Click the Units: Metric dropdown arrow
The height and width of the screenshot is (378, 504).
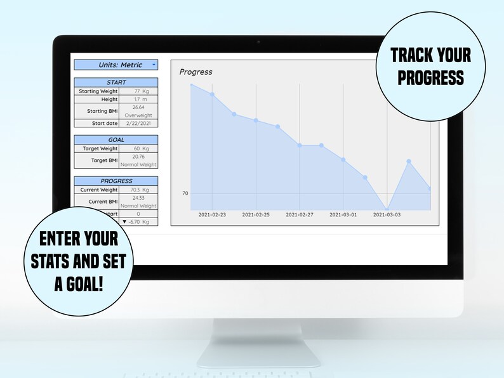tap(154, 65)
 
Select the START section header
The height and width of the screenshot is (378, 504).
tap(116, 82)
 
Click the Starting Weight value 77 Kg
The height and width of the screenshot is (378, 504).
tap(138, 91)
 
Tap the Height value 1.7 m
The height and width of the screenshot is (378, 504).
tap(138, 100)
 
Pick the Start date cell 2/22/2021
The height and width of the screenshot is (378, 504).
tap(138, 123)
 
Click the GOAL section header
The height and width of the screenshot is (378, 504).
tap(116, 140)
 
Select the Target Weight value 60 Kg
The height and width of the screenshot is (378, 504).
tap(138, 148)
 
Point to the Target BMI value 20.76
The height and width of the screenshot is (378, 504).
tap(138, 157)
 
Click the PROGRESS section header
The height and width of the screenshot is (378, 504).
tap(116, 181)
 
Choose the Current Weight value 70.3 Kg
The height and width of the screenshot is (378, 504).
tap(138, 190)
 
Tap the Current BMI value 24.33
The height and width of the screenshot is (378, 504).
tap(138, 198)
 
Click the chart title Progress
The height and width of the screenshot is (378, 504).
tap(196, 72)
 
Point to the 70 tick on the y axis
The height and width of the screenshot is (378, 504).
tap(185, 193)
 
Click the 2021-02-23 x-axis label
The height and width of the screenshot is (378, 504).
tap(212, 215)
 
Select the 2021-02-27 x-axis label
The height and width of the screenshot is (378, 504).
tap(300, 215)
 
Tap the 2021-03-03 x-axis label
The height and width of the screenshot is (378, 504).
tap(387, 215)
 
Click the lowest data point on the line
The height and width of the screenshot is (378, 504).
tap(387, 209)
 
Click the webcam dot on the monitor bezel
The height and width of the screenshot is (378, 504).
tap(258, 42)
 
